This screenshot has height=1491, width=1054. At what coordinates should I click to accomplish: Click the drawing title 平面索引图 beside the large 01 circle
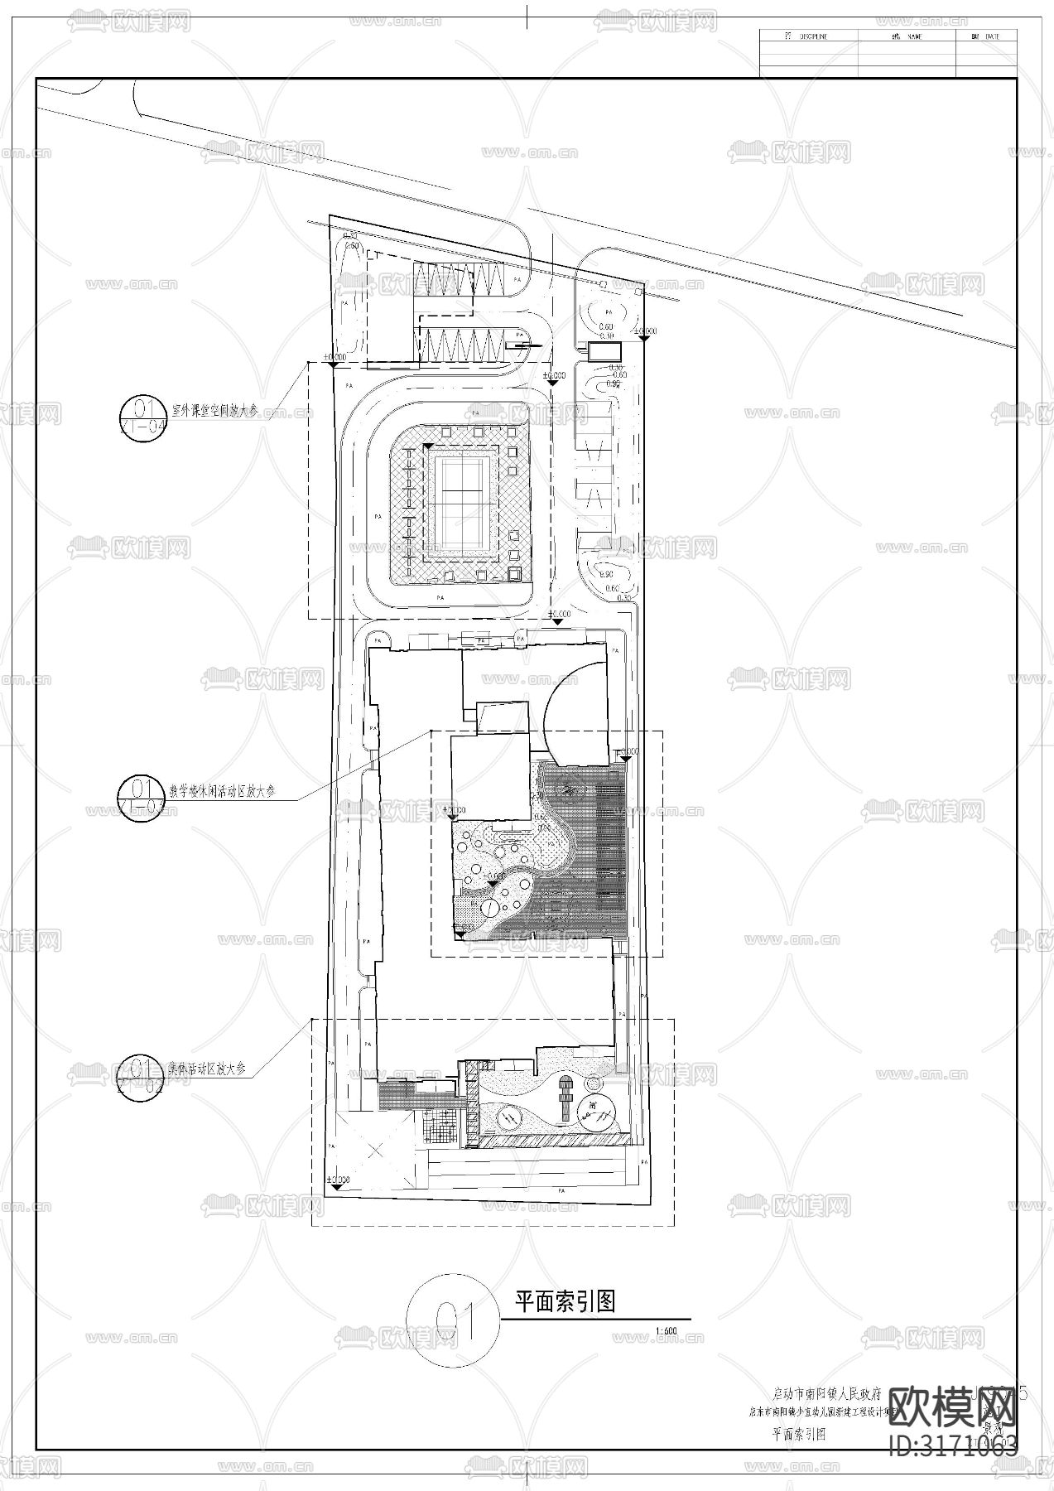coord(566,1301)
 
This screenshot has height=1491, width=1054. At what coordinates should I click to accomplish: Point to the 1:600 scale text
coord(665,1331)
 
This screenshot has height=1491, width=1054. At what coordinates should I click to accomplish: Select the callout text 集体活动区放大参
coord(207,1069)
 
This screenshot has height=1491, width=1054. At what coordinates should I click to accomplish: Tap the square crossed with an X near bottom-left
coord(377,1151)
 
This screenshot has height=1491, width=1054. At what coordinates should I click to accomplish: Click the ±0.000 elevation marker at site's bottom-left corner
coord(337,1180)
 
